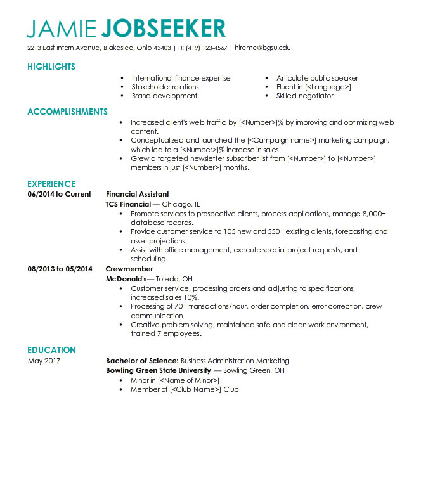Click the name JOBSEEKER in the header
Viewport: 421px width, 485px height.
[163, 28]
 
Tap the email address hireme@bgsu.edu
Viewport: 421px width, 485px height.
[263, 48]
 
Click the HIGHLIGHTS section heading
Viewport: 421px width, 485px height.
[51, 67]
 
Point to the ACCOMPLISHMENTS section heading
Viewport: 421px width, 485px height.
[67, 112]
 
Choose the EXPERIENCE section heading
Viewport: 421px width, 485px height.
[51, 184]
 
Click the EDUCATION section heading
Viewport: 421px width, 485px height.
[51, 350]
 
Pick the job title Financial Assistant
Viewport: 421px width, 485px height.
[138, 194]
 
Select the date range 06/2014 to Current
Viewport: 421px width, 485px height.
[60, 194]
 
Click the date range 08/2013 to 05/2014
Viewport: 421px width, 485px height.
[60, 269]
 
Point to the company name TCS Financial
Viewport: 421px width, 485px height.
[128, 204]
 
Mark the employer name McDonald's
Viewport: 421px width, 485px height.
[126, 279]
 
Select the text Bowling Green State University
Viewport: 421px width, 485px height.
[158, 370]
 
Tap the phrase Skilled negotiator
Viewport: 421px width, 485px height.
[304, 96]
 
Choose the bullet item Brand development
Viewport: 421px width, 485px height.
[164, 96]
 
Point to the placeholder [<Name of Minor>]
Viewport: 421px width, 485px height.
[189, 380]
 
